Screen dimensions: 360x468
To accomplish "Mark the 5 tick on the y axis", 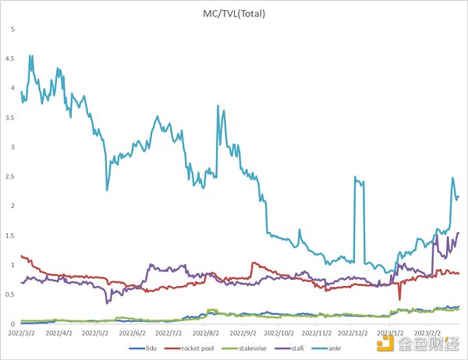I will (x=11, y=29).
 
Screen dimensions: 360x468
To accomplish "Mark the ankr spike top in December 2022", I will (x=355, y=178).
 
